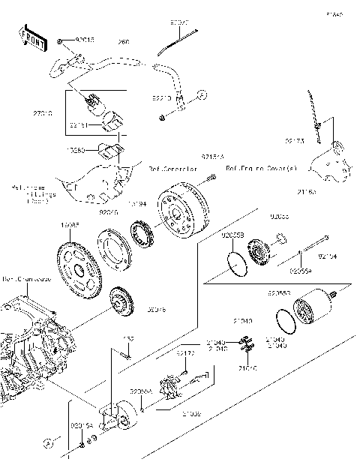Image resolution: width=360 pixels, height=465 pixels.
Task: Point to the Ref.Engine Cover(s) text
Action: [x=260, y=169]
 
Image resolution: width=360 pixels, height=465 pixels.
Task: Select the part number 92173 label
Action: [x=295, y=140]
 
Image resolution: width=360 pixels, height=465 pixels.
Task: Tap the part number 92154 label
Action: [x=328, y=256]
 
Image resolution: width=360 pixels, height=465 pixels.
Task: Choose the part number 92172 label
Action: [x=186, y=352]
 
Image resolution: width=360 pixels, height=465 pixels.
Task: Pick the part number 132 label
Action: [x=128, y=339]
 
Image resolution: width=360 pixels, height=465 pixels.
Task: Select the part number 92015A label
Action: [x=80, y=425]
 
